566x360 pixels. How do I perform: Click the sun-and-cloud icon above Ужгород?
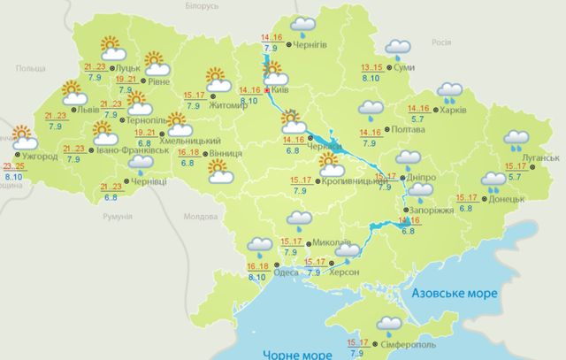23,138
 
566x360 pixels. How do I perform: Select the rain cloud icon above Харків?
451,92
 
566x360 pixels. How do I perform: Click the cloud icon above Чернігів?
304,26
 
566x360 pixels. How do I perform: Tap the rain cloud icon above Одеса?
259,246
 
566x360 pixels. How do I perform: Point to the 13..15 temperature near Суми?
374,68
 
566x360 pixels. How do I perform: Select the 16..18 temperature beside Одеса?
258,266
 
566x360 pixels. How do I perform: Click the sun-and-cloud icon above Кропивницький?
331,165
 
